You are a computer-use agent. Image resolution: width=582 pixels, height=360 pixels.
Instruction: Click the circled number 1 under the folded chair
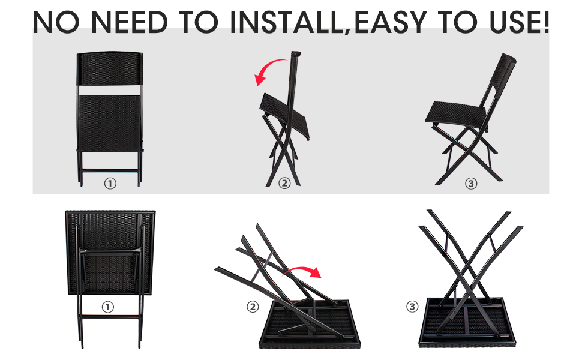pyautogui.click(x=110, y=184)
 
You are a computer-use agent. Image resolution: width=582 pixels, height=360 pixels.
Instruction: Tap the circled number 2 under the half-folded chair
pyautogui.click(x=284, y=184)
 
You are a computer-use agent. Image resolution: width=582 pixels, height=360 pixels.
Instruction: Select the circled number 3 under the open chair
pyautogui.click(x=471, y=184)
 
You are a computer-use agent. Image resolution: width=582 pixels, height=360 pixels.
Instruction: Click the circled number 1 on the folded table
pyautogui.click(x=107, y=307)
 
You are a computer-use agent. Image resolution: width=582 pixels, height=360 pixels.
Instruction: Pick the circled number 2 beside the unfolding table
pyautogui.click(x=253, y=307)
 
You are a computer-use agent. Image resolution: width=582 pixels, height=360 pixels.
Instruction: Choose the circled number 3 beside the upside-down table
pyautogui.click(x=412, y=307)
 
